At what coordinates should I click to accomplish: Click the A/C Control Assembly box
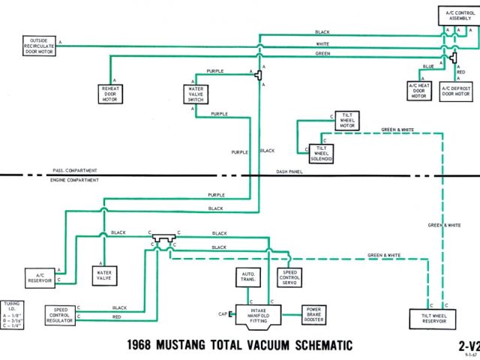pos(456,15)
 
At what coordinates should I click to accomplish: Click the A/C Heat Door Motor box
pos(418,91)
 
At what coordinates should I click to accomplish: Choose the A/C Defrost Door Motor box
pos(455,91)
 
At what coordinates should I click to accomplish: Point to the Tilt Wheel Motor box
pos(346,120)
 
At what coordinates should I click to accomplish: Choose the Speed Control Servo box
pos(290,277)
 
